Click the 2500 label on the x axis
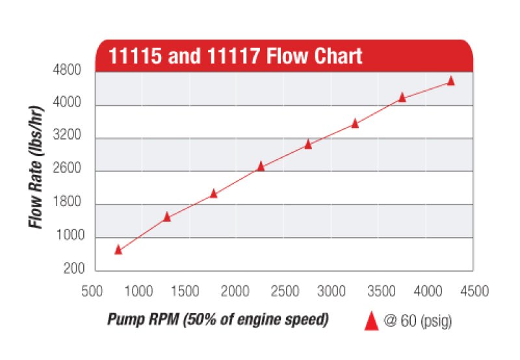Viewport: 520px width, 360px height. pos(283,291)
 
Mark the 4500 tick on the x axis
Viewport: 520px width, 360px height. pos(473,291)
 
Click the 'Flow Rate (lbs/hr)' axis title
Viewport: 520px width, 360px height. pos(36,165)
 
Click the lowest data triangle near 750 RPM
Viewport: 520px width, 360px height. pos(118,250)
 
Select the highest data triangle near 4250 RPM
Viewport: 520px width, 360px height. pos(451,81)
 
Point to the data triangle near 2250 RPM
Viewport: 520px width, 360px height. pos(261,166)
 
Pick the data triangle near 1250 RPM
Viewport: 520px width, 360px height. pos(167,216)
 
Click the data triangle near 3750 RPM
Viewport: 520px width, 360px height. pos(402,97)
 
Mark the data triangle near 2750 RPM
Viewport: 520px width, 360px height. pos(308,144)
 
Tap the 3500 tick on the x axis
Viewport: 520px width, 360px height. pos(378,291)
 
